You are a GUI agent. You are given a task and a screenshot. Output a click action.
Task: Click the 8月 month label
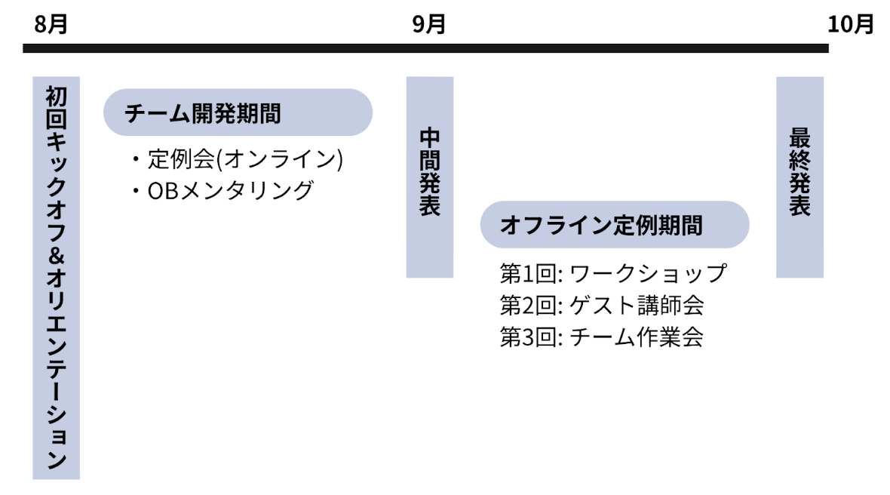[x=51, y=24]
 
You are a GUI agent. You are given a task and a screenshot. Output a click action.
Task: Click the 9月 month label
[x=428, y=24]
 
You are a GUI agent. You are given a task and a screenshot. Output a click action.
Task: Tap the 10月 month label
[x=850, y=24]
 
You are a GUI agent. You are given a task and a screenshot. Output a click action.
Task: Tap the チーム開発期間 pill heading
[x=238, y=113]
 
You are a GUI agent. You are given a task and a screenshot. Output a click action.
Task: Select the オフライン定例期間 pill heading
[x=614, y=225]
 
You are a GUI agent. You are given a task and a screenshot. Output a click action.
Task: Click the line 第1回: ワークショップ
[x=612, y=272]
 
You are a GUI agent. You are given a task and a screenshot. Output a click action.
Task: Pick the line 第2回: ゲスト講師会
[x=601, y=305]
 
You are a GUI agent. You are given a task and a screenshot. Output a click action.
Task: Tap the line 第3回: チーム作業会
[x=601, y=337]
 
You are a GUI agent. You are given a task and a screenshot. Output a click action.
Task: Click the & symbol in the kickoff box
[x=56, y=255]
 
